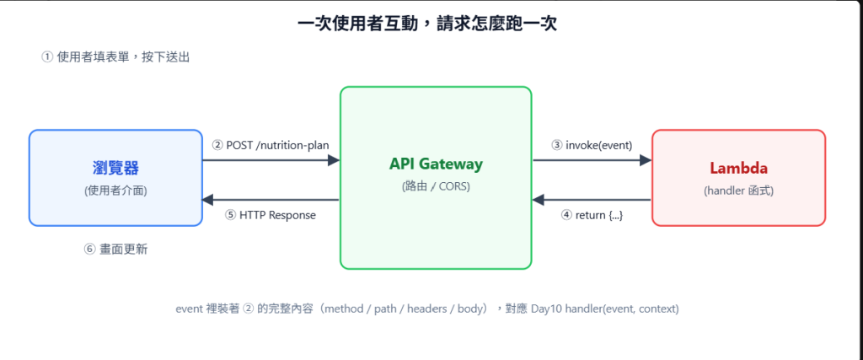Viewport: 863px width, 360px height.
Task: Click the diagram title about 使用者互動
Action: (x=426, y=24)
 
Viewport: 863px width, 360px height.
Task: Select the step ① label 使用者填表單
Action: (x=115, y=56)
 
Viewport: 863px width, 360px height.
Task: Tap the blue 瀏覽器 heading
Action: (x=115, y=167)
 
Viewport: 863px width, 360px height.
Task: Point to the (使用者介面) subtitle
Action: (x=115, y=191)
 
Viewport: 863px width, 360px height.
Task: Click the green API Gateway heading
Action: (x=436, y=164)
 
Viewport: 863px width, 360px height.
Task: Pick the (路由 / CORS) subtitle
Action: (x=436, y=186)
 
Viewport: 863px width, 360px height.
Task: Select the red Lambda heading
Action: (x=738, y=168)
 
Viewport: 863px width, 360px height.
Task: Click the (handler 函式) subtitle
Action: (x=738, y=191)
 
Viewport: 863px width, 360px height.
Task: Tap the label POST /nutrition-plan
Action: (x=271, y=145)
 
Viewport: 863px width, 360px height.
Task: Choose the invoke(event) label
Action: (x=592, y=145)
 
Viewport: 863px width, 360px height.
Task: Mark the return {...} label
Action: (x=592, y=215)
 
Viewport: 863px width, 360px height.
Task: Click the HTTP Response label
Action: (x=271, y=215)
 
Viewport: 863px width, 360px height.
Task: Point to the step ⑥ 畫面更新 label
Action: (x=115, y=250)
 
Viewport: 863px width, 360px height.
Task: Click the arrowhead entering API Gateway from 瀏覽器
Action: (x=334, y=160)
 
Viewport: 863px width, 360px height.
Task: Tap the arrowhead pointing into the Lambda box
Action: (x=645, y=160)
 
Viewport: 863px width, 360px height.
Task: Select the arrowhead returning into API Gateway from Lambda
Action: (x=539, y=200)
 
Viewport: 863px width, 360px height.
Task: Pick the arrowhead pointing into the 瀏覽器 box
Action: (x=209, y=200)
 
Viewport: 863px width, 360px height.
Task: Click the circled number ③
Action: (x=557, y=145)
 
